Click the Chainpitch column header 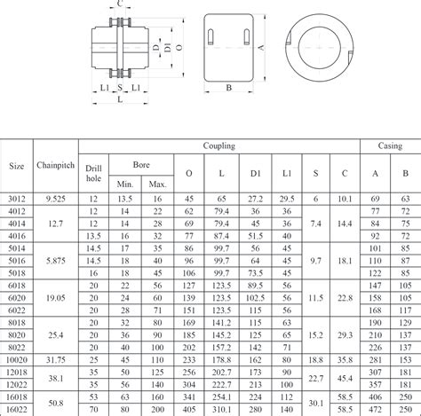point(56,164)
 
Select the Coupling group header point(218,145)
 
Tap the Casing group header point(390,145)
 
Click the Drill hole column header point(93,172)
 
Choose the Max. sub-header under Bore point(157,184)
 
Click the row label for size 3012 point(17,200)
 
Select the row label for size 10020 point(17,361)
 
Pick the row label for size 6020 point(17,299)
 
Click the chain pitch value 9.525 point(56,200)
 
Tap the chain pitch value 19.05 point(56,299)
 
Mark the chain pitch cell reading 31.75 point(56,361)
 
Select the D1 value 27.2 point(256,200)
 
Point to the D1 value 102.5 point(256,299)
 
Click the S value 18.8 point(315,361)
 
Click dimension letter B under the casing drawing point(228,88)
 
